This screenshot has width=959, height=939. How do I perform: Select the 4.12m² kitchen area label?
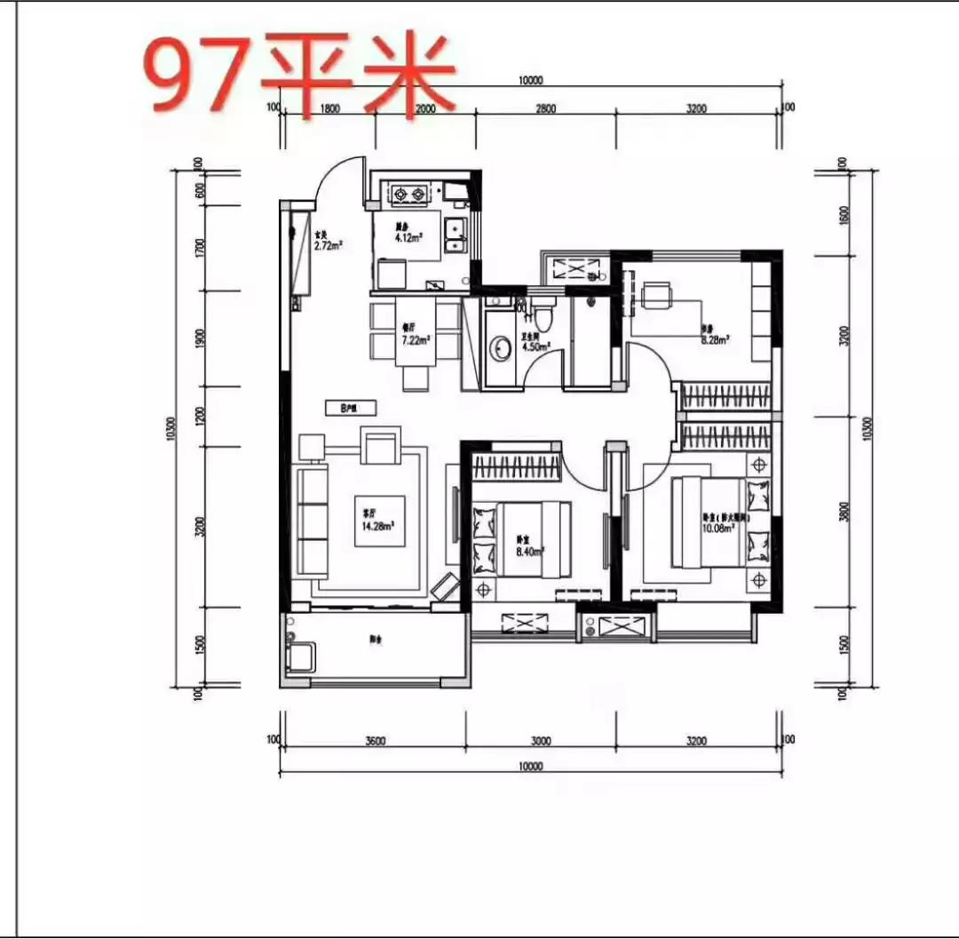pos(408,233)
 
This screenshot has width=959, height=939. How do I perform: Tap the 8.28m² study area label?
pos(715,337)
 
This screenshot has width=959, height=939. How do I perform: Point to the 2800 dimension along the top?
pos(545,109)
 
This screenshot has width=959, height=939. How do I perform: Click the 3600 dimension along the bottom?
pos(374,741)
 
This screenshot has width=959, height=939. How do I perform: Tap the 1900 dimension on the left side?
pos(201,338)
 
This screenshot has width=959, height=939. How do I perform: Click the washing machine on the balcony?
pos(299,657)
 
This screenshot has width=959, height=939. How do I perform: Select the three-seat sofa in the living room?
pos(312,522)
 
